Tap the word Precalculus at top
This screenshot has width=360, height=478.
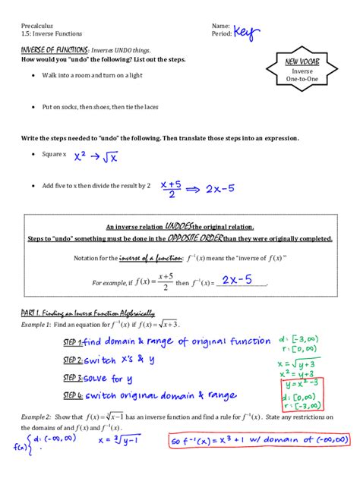point(38,26)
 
